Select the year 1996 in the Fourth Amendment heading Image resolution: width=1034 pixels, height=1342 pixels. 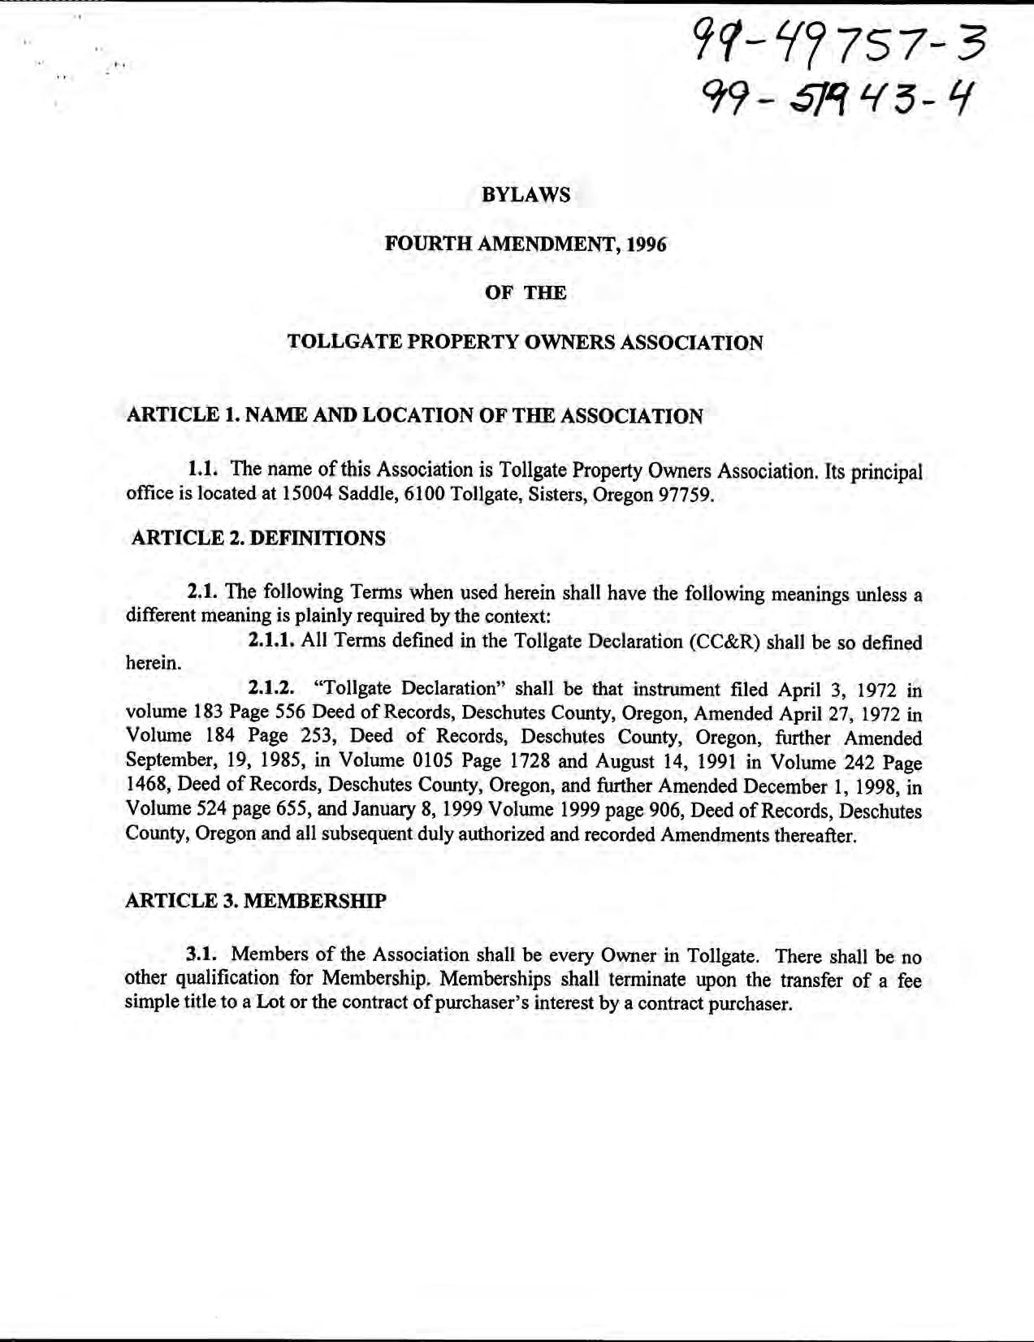click(x=646, y=245)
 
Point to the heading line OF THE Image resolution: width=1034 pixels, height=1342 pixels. click(x=526, y=293)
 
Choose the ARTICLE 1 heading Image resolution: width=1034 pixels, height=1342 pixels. click(x=414, y=416)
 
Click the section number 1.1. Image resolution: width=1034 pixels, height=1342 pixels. click(x=206, y=469)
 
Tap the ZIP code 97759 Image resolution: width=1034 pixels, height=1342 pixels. click(x=686, y=494)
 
